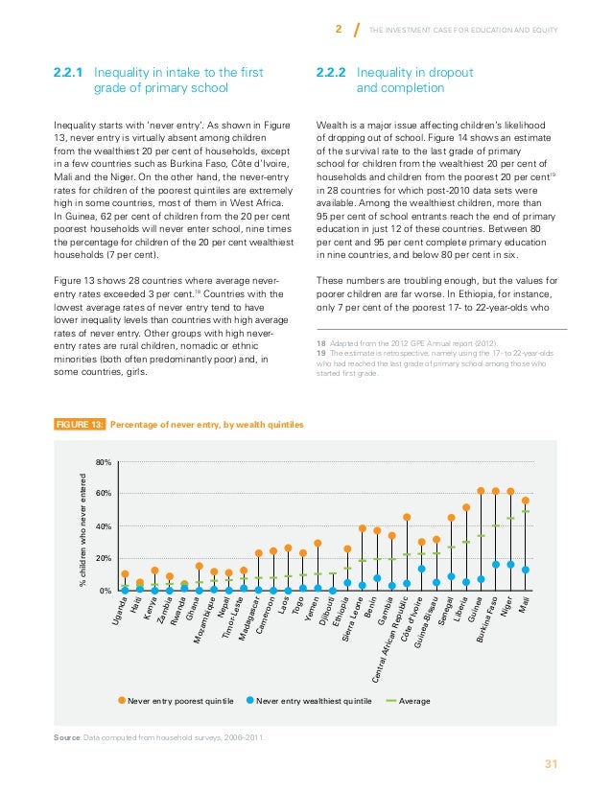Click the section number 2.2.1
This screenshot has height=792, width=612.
point(68,71)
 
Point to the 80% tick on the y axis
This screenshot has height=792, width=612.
point(105,463)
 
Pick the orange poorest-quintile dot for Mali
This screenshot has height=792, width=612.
point(526,501)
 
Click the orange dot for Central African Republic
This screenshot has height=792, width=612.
point(407,517)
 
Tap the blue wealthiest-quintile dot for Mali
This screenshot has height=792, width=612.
point(526,570)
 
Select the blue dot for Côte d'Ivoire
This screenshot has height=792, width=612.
point(422,569)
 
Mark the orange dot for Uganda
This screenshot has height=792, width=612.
point(125,574)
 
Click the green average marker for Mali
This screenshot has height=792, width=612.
point(526,511)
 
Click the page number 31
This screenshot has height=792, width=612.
point(551,764)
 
